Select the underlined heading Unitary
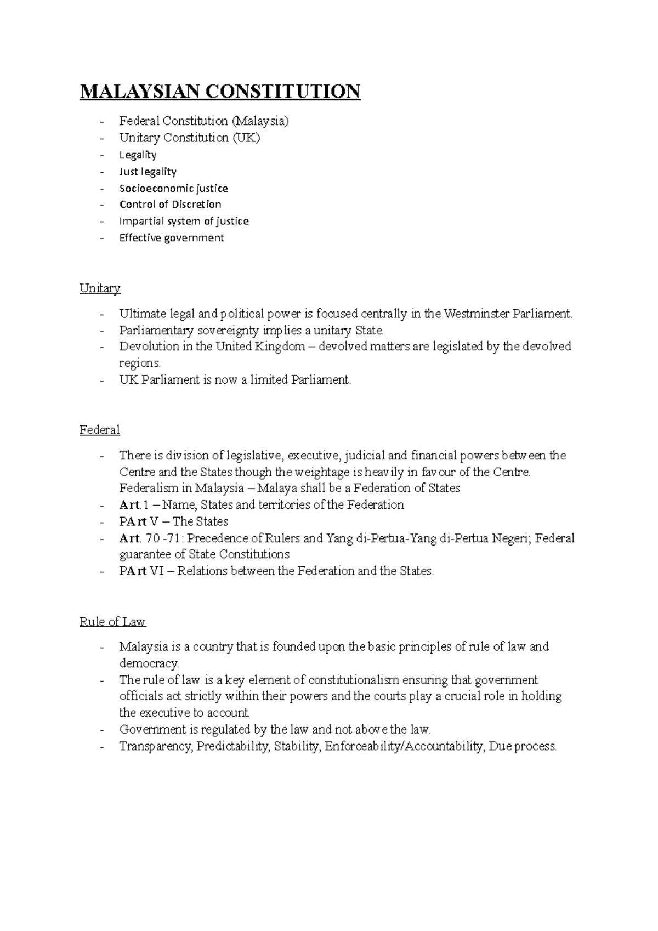click(x=100, y=288)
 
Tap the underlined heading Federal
click(x=99, y=430)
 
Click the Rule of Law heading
click(x=112, y=622)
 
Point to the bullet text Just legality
click(x=148, y=172)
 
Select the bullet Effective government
click(x=172, y=238)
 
